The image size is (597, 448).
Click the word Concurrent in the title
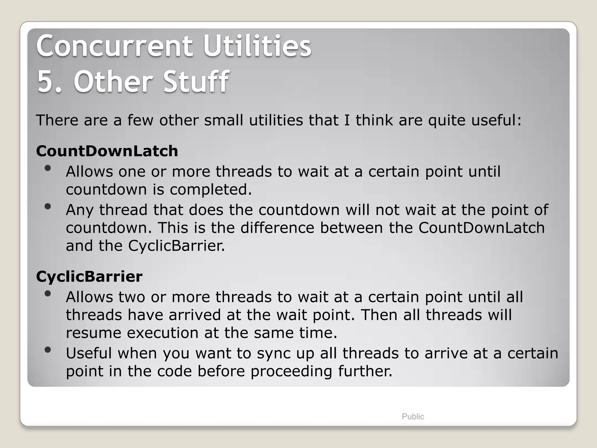[114, 46]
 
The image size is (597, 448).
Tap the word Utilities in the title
[257, 46]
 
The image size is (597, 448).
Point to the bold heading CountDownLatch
[107, 151]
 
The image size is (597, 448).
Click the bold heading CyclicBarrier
[89, 276]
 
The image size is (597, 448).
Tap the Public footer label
[413, 416]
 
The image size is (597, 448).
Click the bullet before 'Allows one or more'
[48, 168]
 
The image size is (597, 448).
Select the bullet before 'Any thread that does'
[48, 206]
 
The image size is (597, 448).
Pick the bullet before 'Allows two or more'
[48, 294]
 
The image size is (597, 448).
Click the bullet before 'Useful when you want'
[48, 350]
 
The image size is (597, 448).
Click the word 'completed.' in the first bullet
[211, 190]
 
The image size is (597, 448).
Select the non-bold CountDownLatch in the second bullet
[482, 228]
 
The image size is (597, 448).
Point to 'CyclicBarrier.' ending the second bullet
[177, 246]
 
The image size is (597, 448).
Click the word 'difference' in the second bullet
[277, 228]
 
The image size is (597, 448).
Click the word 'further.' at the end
[365, 371]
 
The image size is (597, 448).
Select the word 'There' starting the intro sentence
[57, 120]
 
